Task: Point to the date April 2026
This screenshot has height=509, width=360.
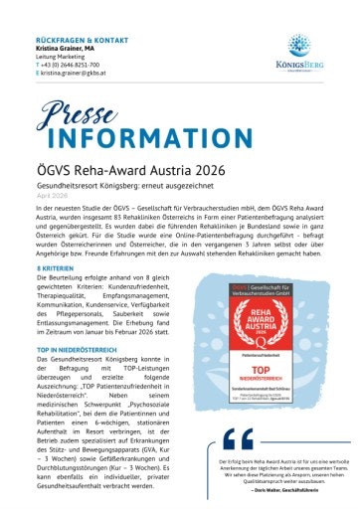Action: tap(51, 206)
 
